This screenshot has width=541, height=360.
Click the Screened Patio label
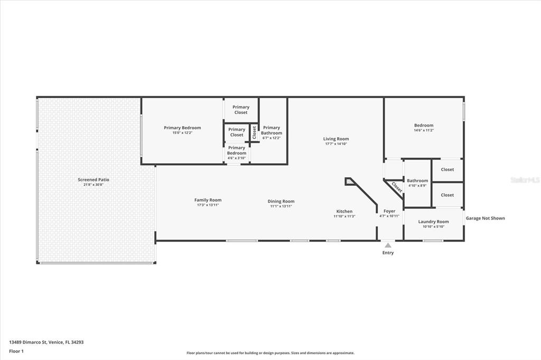pos(94,179)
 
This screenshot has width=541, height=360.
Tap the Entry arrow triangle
pos(388,245)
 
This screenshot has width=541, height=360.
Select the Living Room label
pos(336,139)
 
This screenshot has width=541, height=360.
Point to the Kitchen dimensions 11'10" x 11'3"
pos(344,216)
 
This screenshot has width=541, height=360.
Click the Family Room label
pos(208,200)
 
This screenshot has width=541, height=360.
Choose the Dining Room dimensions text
pos(281,206)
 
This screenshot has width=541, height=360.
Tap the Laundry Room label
pos(433,222)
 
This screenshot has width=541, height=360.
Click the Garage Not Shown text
pos(485,218)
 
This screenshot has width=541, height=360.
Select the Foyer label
pos(389,211)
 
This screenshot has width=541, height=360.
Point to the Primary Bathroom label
pos(272,130)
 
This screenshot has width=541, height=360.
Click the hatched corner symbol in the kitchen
pos(350,181)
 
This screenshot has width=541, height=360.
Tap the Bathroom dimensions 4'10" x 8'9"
pos(417,186)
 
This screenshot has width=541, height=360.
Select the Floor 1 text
pos(17,350)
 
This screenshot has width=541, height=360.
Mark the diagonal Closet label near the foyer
pos(397,187)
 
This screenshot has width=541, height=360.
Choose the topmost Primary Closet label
pos(241,110)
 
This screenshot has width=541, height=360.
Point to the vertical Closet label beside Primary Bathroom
pos(254,132)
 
